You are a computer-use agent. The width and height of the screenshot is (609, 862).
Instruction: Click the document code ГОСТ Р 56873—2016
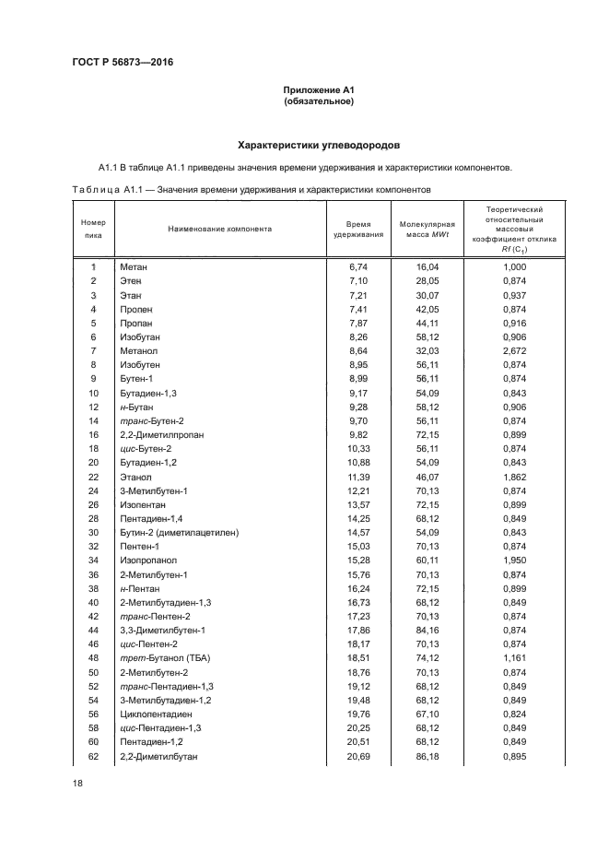click(123, 62)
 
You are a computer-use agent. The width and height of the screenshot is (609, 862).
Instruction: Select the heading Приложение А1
click(319, 89)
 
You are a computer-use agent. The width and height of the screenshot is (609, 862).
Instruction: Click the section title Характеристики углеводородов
click(319, 146)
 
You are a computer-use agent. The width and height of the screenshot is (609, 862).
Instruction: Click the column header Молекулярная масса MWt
click(427, 230)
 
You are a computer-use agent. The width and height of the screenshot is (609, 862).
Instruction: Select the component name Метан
click(134, 266)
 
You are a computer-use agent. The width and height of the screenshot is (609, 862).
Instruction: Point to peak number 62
click(93, 757)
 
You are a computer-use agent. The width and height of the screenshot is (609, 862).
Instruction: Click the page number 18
click(77, 782)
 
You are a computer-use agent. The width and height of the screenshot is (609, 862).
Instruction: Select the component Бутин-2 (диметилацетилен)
click(179, 533)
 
